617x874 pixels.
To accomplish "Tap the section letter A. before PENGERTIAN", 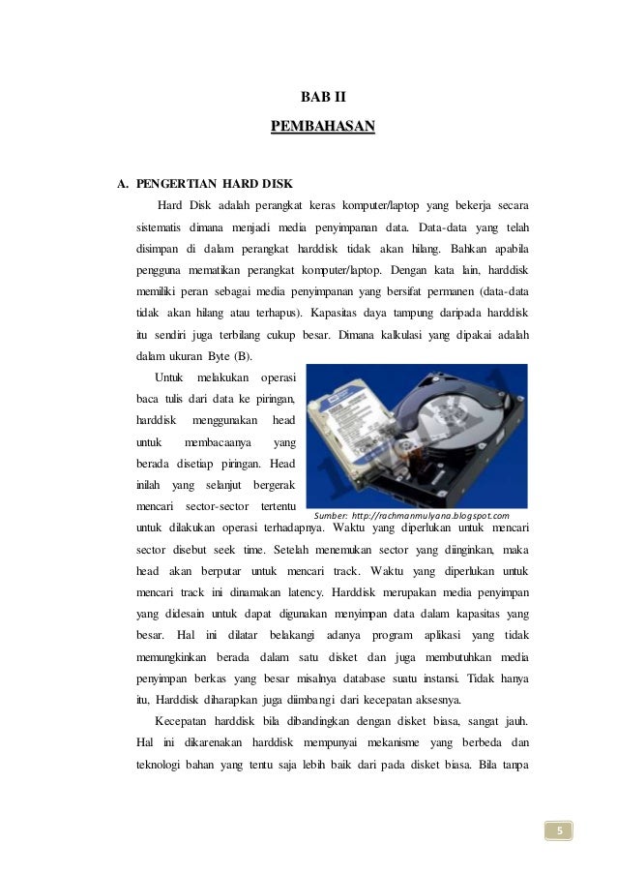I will click(122, 182).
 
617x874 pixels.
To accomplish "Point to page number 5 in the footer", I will click(558, 829).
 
